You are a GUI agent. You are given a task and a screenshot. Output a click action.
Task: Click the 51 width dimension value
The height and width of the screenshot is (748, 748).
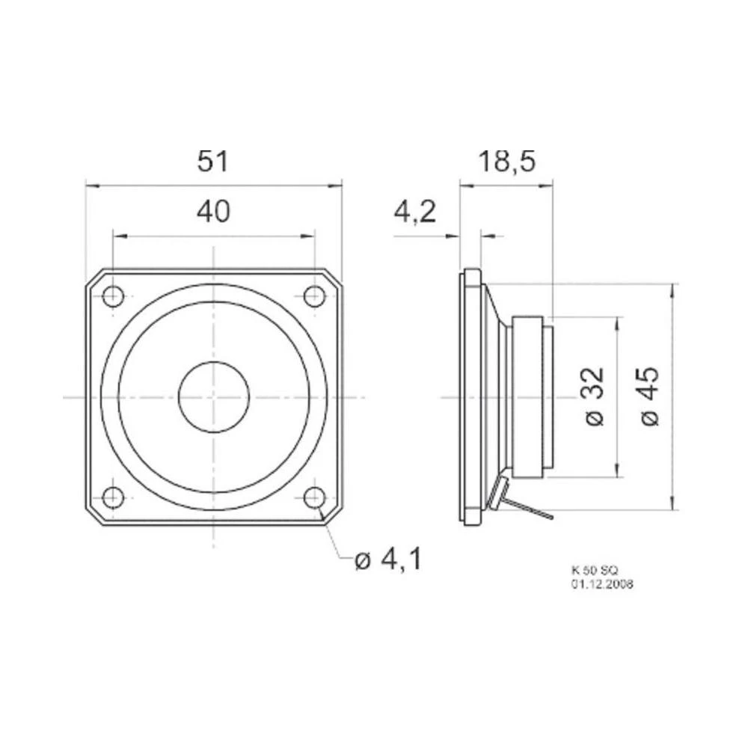pyautogui.click(x=212, y=162)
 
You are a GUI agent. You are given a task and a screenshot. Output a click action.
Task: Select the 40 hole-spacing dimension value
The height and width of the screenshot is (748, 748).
pyautogui.click(x=213, y=213)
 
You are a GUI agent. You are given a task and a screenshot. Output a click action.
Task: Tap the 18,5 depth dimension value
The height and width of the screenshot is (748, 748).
pyautogui.click(x=506, y=162)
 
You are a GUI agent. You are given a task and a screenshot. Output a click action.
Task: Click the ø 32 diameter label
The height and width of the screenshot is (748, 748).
pyautogui.click(x=595, y=396)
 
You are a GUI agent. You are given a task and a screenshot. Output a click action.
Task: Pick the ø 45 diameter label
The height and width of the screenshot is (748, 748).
pyautogui.click(x=651, y=396)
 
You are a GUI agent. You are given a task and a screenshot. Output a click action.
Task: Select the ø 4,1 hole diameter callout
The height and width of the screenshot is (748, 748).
pyautogui.click(x=387, y=559)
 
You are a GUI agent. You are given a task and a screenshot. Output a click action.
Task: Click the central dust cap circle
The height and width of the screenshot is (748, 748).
pyautogui.click(x=213, y=396)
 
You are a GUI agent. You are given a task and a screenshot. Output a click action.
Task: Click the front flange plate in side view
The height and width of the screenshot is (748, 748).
pyautogui.click(x=470, y=396)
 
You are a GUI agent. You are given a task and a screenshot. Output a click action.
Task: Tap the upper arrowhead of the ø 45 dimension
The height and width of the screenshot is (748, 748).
pyautogui.click(x=675, y=289)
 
